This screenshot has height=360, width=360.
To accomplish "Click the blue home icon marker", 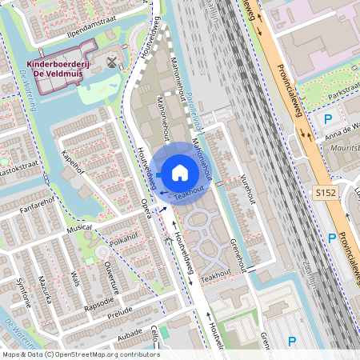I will (x=180, y=172).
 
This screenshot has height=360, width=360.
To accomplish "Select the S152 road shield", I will (x=325, y=193).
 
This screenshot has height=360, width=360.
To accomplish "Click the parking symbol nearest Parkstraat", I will (x=327, y=119).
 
